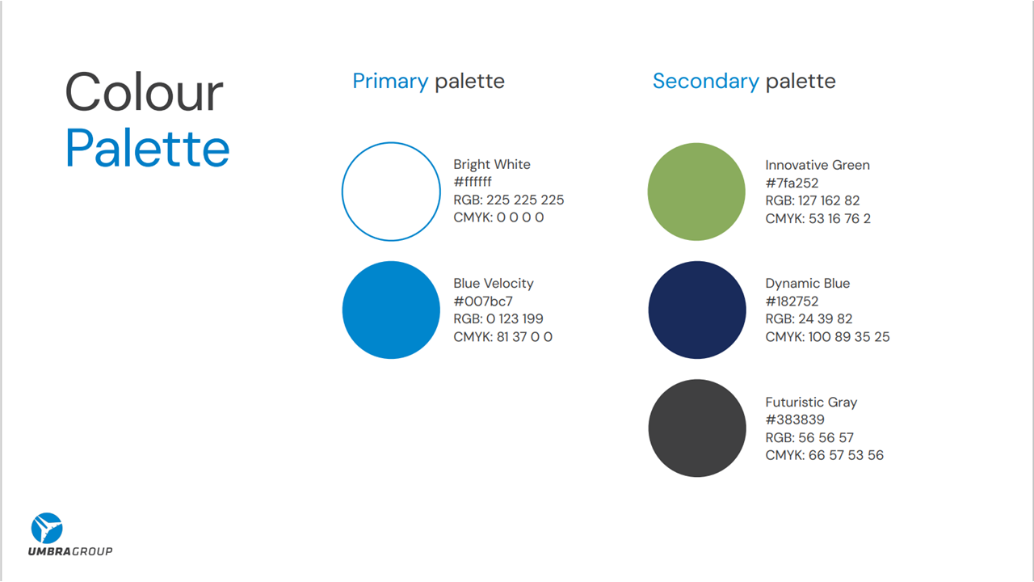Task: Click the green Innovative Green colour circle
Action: [696, 192]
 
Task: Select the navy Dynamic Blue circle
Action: [696, 310]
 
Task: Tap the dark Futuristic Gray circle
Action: [696, 428]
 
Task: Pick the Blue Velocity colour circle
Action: [391, 310]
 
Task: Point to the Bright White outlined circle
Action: [391, 192]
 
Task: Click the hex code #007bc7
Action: [483, 302]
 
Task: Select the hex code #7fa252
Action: [792, 183]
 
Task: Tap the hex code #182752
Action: [792, 302]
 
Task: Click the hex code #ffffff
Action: [473, 182]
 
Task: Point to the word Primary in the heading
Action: [390, 81]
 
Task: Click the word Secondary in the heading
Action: [705, 81]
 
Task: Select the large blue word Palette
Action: [148, 149]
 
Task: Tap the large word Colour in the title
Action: [144, 92]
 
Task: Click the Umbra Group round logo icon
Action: [47, 528]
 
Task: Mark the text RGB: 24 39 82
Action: [809, 318]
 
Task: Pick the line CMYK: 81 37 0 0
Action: [503, 337]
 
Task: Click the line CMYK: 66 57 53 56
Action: [824, 455]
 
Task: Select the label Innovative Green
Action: [818, 165]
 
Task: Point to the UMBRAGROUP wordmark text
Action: [70, 551]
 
